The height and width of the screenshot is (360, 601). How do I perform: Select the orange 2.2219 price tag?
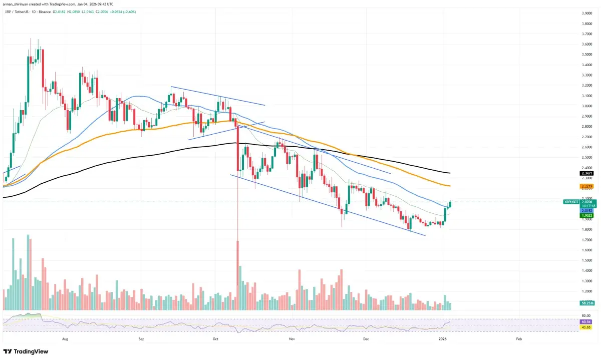(x=585, y=186)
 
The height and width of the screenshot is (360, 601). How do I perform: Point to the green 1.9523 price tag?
(x=585, y=216)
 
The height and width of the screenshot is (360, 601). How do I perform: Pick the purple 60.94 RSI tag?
(x=585, y=321)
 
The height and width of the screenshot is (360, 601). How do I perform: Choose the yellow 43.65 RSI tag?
(x=585, y=327)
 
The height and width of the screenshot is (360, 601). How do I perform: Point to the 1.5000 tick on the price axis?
(x=587, y=261)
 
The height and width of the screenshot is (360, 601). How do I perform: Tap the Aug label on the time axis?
(x=65, y=339)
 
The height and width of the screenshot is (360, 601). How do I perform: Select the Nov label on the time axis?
(x=291, y=339)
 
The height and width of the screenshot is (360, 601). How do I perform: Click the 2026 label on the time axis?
(x=443, y=339)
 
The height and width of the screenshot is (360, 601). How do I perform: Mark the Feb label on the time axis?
(x=518, y=339)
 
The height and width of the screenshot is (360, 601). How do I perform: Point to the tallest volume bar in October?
(x=237, y=270)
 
